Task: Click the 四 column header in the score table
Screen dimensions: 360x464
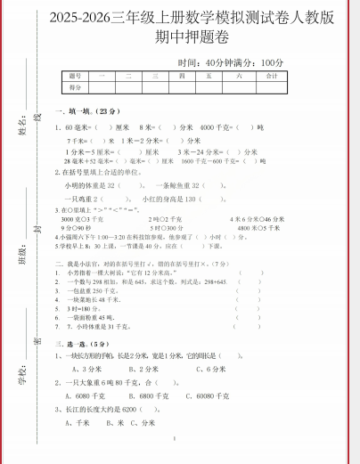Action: (182, 77)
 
